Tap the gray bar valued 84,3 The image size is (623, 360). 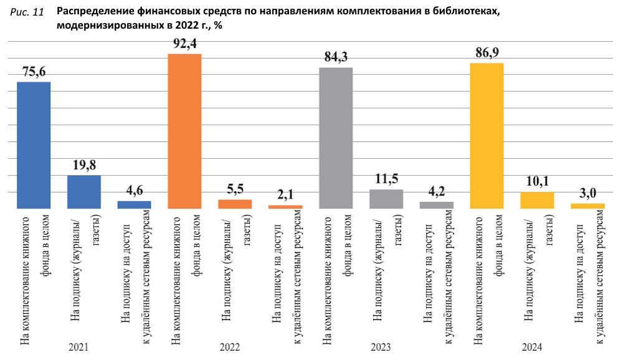pyautogui.click(x=336, y=138)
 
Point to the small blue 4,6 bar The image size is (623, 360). pyautogui.click(x=135, y=204)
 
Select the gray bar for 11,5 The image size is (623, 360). pyautogui.click(x=386, y=199)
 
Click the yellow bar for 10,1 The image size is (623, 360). pyautogui.click(x=537, y=200)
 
